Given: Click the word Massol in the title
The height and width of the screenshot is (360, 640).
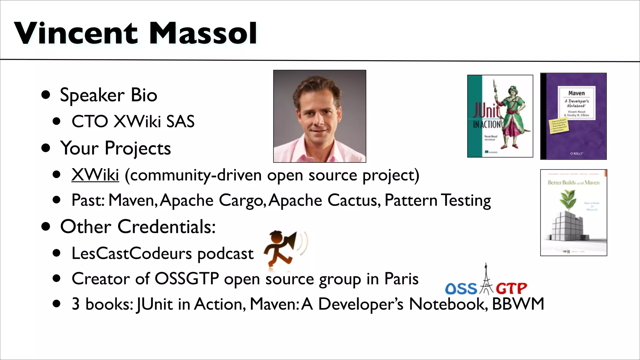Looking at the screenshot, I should point(203,33).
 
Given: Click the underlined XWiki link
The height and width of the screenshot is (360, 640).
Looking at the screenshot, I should point(95,175).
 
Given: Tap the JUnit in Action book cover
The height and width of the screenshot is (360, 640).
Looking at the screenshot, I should point(500,116).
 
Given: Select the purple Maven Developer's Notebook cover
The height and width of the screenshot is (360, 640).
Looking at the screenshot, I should point(573,116).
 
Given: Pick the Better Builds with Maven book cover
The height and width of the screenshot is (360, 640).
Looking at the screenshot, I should point(573,212).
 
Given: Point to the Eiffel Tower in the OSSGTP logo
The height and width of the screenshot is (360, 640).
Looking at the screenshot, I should point(486,280).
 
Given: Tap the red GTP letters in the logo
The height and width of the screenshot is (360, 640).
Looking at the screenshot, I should point(511,288).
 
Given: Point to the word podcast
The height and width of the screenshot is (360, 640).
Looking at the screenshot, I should point(225,253).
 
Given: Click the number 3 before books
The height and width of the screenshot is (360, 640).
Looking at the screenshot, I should point(76,304).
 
